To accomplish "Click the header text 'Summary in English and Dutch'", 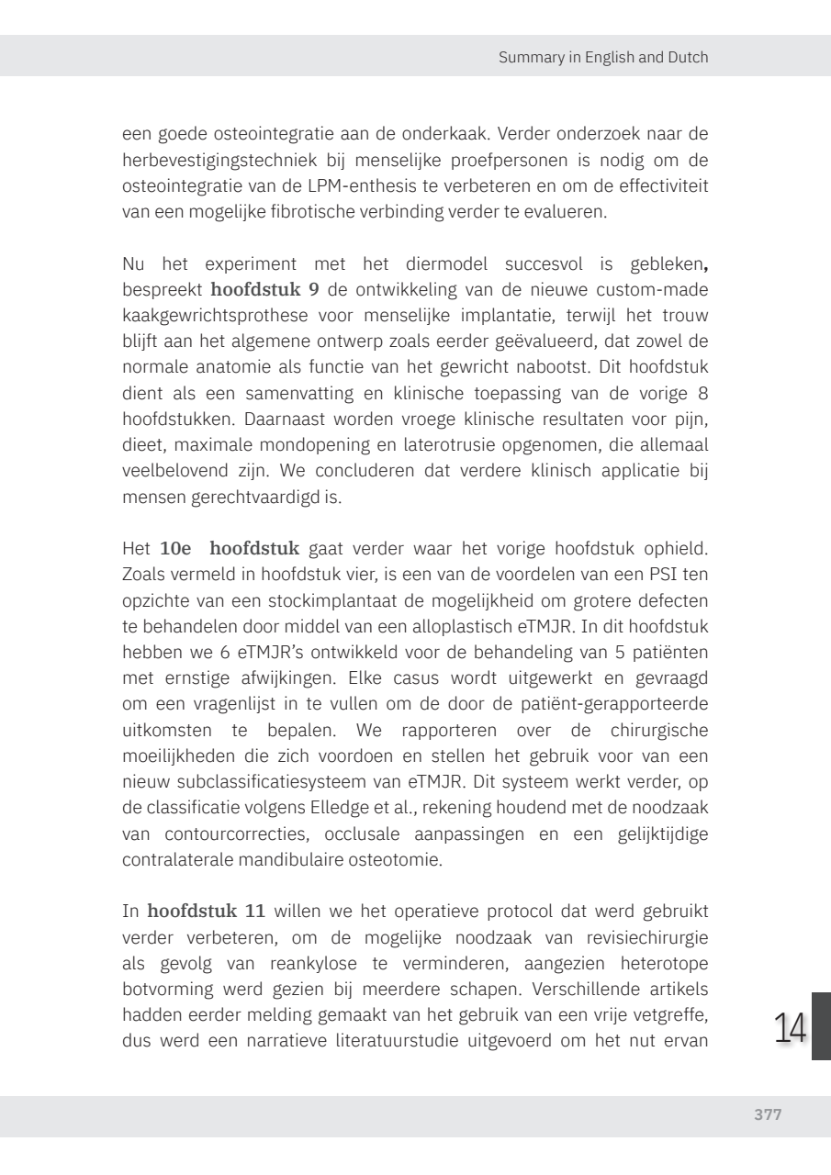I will coord(603,57).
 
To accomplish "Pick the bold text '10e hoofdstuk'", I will coord(230,550).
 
